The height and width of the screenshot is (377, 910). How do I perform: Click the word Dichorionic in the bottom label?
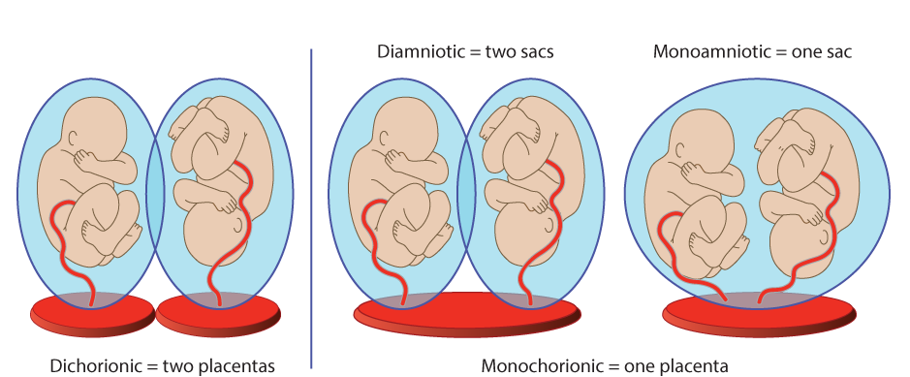click(94, 365)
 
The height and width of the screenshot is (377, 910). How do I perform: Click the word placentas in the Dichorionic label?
click(238, 365)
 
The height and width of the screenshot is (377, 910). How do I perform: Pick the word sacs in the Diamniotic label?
click(535, 51)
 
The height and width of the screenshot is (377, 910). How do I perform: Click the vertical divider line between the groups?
click(311, 194)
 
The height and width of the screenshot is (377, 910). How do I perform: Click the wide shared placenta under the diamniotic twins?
click(465, 316)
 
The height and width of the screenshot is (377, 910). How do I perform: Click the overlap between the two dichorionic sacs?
click(155, 189)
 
